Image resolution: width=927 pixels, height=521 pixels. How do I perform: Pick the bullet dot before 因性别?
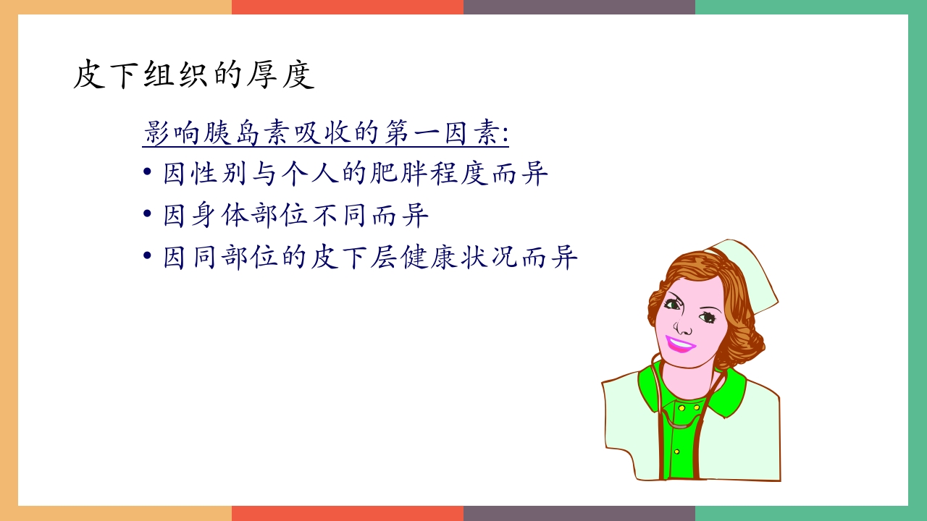pos(148,174)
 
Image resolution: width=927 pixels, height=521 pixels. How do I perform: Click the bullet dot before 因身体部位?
pos(148,215)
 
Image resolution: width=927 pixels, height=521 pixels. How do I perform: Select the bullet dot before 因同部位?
pos(148,256)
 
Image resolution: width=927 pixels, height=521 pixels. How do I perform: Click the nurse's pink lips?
pos(679,343)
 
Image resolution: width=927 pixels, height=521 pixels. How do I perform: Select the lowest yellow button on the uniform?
pos(677,452)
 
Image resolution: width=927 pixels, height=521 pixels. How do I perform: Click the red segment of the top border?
pos(348,7)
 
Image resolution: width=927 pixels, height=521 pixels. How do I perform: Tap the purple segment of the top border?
pos(579,7)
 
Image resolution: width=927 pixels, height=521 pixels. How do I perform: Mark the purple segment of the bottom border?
pos(579,514)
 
